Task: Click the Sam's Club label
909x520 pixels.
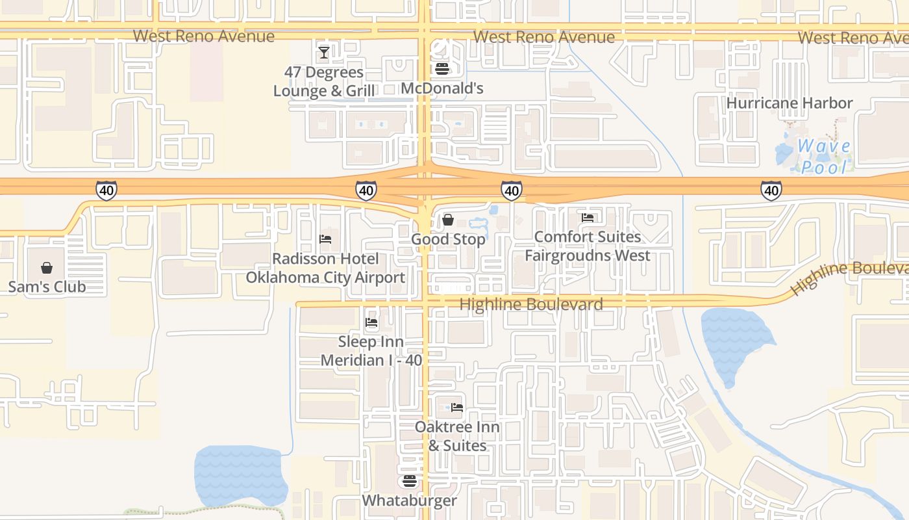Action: click(47, 287)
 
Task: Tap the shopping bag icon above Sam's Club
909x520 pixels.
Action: click(47, 268)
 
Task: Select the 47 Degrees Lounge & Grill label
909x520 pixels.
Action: click(324, 81)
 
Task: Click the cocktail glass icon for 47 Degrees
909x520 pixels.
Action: click(324, 52)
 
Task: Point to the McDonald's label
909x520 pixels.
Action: click(442, 88)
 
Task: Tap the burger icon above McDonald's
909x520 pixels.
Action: click(442, 69)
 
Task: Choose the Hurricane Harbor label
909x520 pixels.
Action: click(789, 103)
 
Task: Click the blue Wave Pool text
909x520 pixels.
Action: click(824, 157)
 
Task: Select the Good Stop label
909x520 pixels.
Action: click(448, 239)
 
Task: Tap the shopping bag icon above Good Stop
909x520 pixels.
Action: click(447, 220)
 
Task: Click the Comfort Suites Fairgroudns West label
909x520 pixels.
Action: click(587, 246)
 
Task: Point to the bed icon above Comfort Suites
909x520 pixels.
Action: click(588, 218)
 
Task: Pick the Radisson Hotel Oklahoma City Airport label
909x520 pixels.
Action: click(325, 268)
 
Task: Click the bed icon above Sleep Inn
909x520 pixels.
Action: click(371, 322)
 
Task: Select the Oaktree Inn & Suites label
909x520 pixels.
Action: click(457, 436)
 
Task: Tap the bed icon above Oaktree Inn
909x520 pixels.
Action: click(457, 408)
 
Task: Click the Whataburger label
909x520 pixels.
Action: click(409, 500)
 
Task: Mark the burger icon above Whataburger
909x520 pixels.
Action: click(409, 481)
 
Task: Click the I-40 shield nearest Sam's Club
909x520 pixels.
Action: click(106, 190)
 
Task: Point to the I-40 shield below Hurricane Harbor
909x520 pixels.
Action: click(771, 190)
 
